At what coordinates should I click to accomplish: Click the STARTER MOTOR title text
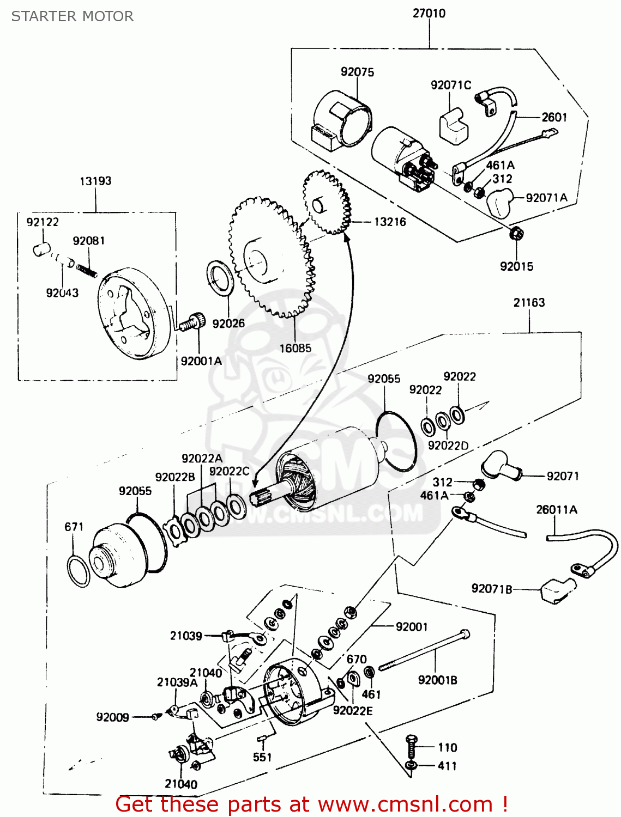pyautogui.click(x=73, y=16)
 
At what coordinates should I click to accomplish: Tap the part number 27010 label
pyautogui.click(x=429, y=13)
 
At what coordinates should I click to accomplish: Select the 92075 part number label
pyautogui.click(x=357, y=72)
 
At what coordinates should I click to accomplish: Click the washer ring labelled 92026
pyautogui.click(x=221, y=278)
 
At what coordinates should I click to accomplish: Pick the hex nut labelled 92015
pyautogui.click(x=516, y=234)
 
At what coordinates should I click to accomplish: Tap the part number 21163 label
pyautogui.click(x=528, y=302)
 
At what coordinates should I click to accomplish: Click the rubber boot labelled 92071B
pyautogui.click(x=557, y=590)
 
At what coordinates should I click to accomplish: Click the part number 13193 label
pyautogui.click(x=95, y=181)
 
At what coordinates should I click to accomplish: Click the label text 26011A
pyautogui.click(x=556, y=510)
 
